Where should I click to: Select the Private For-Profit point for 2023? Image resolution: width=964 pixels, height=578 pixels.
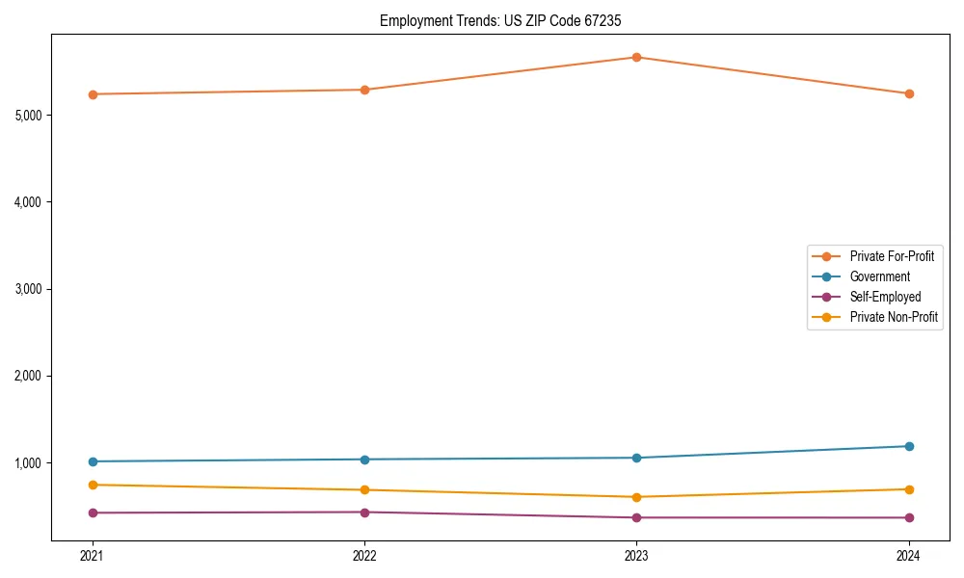tap(636, 57)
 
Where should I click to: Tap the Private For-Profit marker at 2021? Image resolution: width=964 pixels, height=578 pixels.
tap(93, 94)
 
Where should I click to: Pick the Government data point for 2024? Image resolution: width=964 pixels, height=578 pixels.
tap(908, 446)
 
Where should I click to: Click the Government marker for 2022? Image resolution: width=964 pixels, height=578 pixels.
tap(364, 460)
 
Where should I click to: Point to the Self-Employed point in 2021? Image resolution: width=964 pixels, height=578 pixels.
tap(93, 512)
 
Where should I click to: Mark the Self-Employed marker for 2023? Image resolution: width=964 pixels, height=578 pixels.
tap(636, 517)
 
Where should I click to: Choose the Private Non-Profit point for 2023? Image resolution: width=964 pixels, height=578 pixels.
tap(636, 497)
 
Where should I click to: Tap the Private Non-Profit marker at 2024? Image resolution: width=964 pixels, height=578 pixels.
tap(908, 489)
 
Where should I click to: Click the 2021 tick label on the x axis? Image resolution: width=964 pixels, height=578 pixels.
tap(93, 555)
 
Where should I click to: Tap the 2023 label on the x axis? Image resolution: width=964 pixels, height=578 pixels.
tap(636, 555)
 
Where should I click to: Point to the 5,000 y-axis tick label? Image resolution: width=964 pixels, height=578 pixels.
tap(29, 116)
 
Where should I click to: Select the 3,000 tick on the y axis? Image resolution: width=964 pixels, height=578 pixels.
tap(29, 289)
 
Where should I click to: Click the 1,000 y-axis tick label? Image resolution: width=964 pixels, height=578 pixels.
tap(29, 462)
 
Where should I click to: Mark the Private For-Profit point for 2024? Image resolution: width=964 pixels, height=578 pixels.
tap(908, 93)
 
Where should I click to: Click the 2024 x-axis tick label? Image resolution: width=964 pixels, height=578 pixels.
tap(908, 555)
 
